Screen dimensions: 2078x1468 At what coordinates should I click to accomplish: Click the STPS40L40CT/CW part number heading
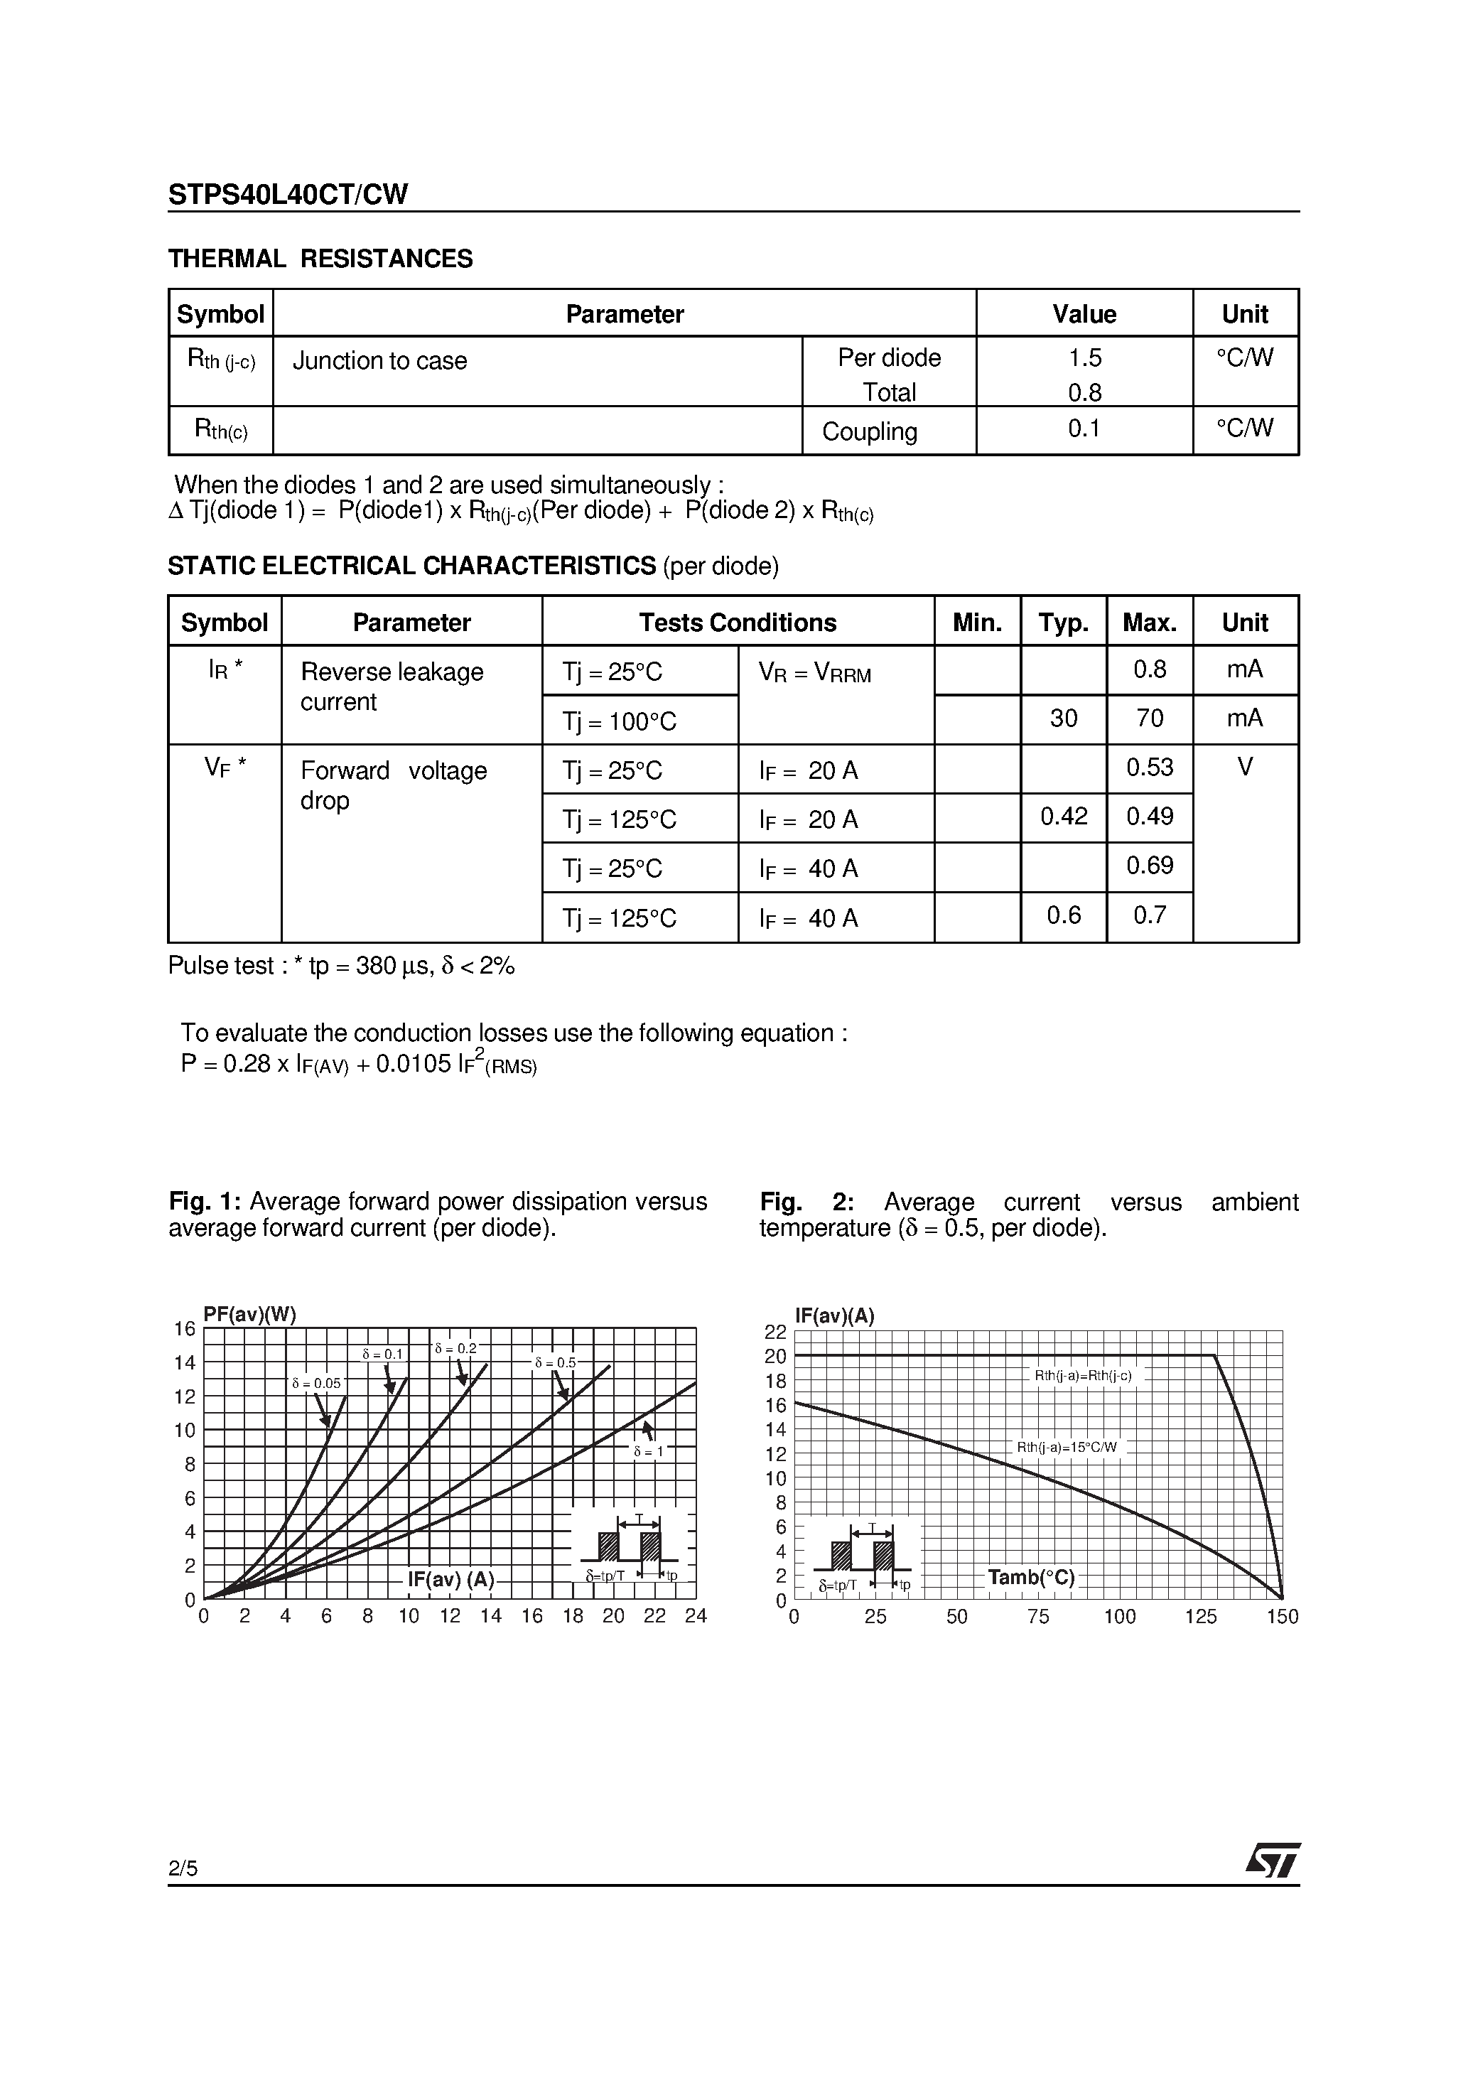click(288, 195)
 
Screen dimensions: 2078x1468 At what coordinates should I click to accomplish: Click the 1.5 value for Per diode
click(1084, 358)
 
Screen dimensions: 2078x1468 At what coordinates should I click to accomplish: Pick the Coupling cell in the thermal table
click(869, 431)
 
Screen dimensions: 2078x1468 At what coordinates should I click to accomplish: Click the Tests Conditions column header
click(737, 623)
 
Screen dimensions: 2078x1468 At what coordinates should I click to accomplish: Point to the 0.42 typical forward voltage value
click(1064, 817)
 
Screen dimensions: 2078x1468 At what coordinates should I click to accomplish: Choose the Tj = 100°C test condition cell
click(619, 722)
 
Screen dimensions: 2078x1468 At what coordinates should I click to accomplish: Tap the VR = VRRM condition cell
click(814, 673)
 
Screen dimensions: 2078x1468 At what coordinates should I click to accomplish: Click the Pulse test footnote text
click(341, 966)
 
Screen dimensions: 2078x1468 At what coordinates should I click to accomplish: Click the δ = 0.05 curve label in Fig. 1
click(316, 1384)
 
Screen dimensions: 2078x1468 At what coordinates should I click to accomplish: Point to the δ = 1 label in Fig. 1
click(648, 1452)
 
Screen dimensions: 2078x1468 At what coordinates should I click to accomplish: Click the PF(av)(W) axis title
click(250, 1315)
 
